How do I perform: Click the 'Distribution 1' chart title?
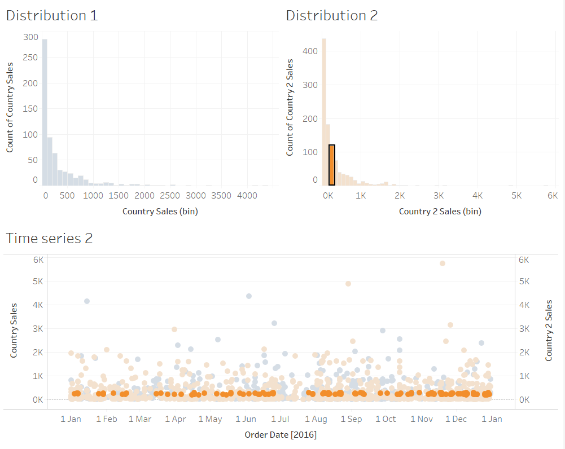[x=52, y=16]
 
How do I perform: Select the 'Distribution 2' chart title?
[x=332, y=16]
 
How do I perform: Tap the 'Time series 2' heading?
[x=49, y=238]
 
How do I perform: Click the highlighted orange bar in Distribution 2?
[x=332, y=165]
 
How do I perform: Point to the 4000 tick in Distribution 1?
[x=247, y=196]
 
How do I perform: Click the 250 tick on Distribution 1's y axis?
[x=31, y=58]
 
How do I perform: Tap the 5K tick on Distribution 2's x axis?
[x=516, y=196]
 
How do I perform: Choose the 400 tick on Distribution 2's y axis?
[x=311, y=51]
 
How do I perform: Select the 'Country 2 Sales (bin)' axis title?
[x=440, y=212]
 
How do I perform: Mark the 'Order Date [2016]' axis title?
[x=281, y=435]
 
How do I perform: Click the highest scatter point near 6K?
[x=443, y=263]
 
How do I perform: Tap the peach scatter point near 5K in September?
[x=348, y=284]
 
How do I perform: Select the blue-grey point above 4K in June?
[x=249, y=296]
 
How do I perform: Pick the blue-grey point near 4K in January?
[x=87, y=301]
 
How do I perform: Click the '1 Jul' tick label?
[x=280, y=419]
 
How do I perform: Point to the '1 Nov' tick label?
[x=422, y=419]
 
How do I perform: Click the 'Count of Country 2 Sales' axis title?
[x=290, y=107]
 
